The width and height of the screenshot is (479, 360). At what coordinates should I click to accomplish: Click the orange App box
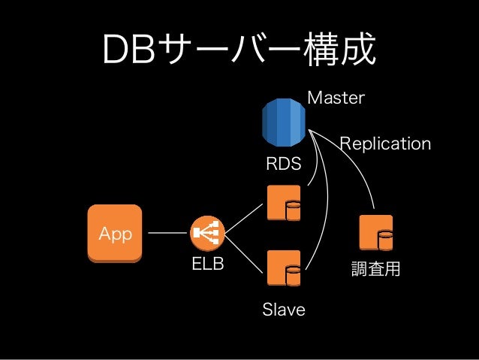115,234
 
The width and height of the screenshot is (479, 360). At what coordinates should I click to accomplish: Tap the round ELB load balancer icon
208,233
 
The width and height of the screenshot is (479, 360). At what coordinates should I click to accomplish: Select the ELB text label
208,264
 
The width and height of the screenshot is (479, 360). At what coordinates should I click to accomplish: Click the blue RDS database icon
284,123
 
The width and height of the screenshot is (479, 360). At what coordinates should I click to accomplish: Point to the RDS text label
284,163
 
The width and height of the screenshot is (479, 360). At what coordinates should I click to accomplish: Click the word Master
336,98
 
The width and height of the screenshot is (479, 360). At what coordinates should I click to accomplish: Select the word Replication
385,144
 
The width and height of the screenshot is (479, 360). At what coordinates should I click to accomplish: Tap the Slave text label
284,310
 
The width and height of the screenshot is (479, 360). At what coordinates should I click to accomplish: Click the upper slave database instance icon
284,203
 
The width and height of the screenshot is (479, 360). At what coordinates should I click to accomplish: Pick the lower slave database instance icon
284,268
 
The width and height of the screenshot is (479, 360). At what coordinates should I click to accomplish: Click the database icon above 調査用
376,233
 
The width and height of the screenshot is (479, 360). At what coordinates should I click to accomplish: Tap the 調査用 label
375,269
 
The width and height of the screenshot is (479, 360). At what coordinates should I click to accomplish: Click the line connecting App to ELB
167,233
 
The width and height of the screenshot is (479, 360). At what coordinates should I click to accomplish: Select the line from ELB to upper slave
244,219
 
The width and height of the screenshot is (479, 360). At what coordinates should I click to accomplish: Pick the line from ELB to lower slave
244,253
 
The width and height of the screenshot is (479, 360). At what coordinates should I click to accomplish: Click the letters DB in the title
129,50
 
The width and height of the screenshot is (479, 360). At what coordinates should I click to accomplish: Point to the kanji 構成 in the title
339,49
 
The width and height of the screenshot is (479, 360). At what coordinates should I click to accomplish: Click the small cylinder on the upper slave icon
294,210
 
